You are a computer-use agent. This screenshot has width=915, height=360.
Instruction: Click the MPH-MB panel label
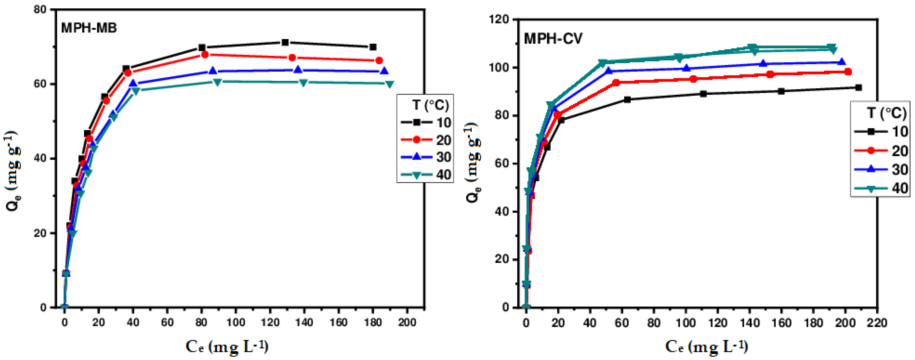(x=89, y=28)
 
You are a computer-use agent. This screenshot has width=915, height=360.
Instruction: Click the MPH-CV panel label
(x=553, y=38)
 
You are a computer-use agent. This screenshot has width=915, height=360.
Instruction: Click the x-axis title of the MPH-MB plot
(x=227, y=346)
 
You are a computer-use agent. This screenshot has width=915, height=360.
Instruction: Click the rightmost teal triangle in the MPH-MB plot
(x=390, y=84)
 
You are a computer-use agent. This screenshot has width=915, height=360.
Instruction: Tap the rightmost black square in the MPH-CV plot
(x=859, y=88)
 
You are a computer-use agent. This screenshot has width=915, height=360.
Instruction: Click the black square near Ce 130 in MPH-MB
(x=285, y=43)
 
